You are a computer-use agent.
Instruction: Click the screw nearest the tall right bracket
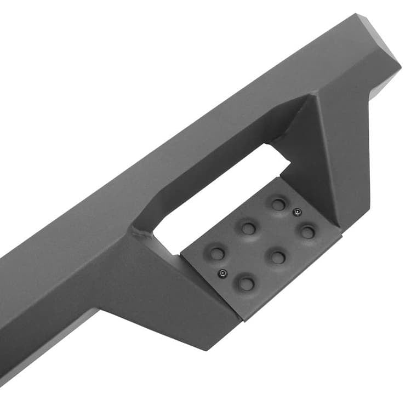point(296,212)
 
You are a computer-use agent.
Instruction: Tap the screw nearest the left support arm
point(222,273)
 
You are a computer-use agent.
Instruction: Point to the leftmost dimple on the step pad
point(218,254)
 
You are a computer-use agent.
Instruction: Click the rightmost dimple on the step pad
point(308,232)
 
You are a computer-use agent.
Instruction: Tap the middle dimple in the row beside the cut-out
point(248,227)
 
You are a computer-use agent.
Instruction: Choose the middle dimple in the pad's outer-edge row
point(278,257)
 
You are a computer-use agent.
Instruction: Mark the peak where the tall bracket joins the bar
point(315,96)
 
